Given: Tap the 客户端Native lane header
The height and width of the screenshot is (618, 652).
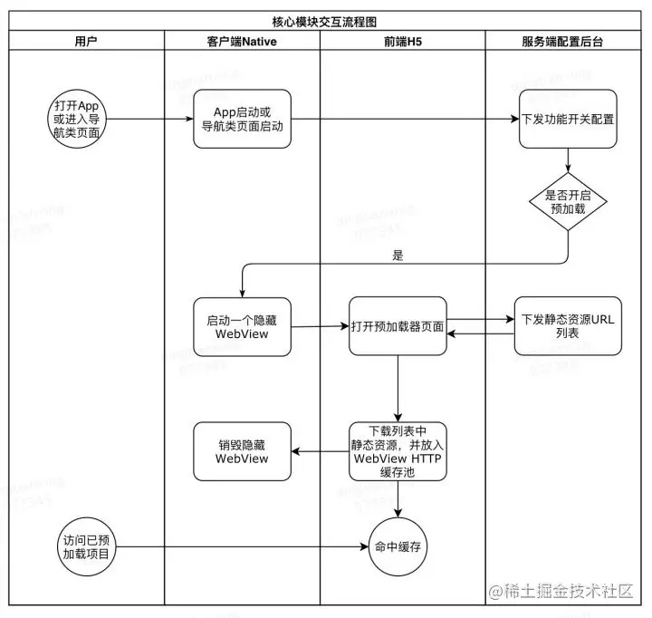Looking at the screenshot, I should pos(242,41).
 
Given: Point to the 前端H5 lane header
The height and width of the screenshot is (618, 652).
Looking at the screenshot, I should pos(401,41).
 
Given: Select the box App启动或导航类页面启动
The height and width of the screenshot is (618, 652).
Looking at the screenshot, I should pos(242,120).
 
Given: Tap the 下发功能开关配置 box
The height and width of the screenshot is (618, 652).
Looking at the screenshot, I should pos(568,119).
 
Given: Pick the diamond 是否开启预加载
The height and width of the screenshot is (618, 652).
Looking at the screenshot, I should pos(568,201).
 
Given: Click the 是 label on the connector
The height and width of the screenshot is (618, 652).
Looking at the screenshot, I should pos(397,256).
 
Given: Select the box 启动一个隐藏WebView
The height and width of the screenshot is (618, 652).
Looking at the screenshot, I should pos(242,327).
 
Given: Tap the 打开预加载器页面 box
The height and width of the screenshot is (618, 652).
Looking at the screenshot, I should pos(398,326).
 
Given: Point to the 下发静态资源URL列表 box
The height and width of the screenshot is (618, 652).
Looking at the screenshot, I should pos(568,326).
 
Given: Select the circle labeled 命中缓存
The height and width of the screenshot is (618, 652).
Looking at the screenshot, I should pos(398,546).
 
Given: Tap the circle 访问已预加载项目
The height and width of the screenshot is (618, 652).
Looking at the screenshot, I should pos(87,546).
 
